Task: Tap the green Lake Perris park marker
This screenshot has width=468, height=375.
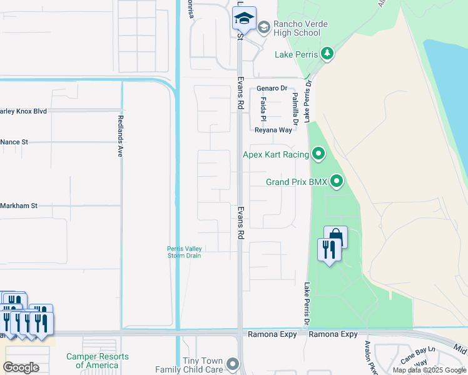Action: pos(327,54)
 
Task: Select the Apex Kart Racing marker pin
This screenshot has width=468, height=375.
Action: pos(318,154)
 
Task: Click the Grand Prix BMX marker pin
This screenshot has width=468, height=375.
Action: pos(337,182)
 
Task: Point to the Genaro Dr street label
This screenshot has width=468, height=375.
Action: pos(271,89)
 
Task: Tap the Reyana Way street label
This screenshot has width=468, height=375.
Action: pos(273,130)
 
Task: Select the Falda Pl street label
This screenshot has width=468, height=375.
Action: pos(263,109)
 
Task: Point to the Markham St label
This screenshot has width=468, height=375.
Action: pos(19,205)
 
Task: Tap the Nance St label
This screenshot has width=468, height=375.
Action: pos(14,142)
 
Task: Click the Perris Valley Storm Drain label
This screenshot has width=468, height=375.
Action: pos(184,251)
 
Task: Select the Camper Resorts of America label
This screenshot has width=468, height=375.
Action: pos(98,361)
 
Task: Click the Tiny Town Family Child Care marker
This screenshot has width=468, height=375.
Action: pos(233,363)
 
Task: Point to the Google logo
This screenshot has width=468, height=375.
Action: pos(21,367)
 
